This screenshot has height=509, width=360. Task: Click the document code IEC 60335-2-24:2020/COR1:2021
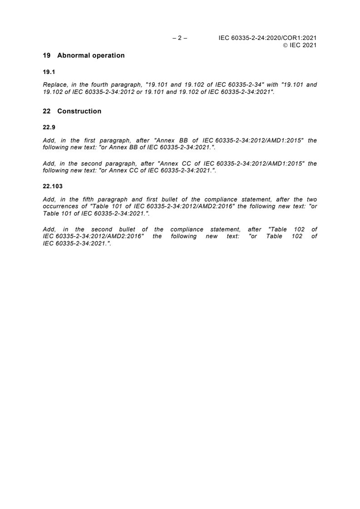tap(267, 39)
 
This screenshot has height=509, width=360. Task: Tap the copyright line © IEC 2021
tap(300, 45)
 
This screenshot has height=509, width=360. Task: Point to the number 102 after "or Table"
tap(297, 236)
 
